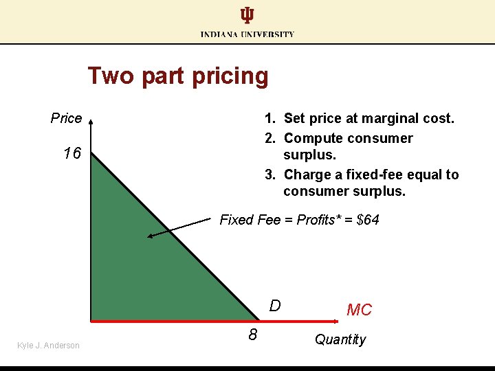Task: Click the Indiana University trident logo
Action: pos(247,16)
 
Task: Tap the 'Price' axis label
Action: pos(66,118)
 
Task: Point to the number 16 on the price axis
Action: pos(71,153)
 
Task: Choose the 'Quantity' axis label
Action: pos(340,339)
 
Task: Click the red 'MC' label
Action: pos(359,311)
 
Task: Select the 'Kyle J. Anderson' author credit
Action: pos(48,346)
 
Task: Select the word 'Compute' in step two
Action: pos(313,138)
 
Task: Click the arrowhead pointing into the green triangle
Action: pos(150,236)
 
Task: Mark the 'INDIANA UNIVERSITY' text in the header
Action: pos(247,34)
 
